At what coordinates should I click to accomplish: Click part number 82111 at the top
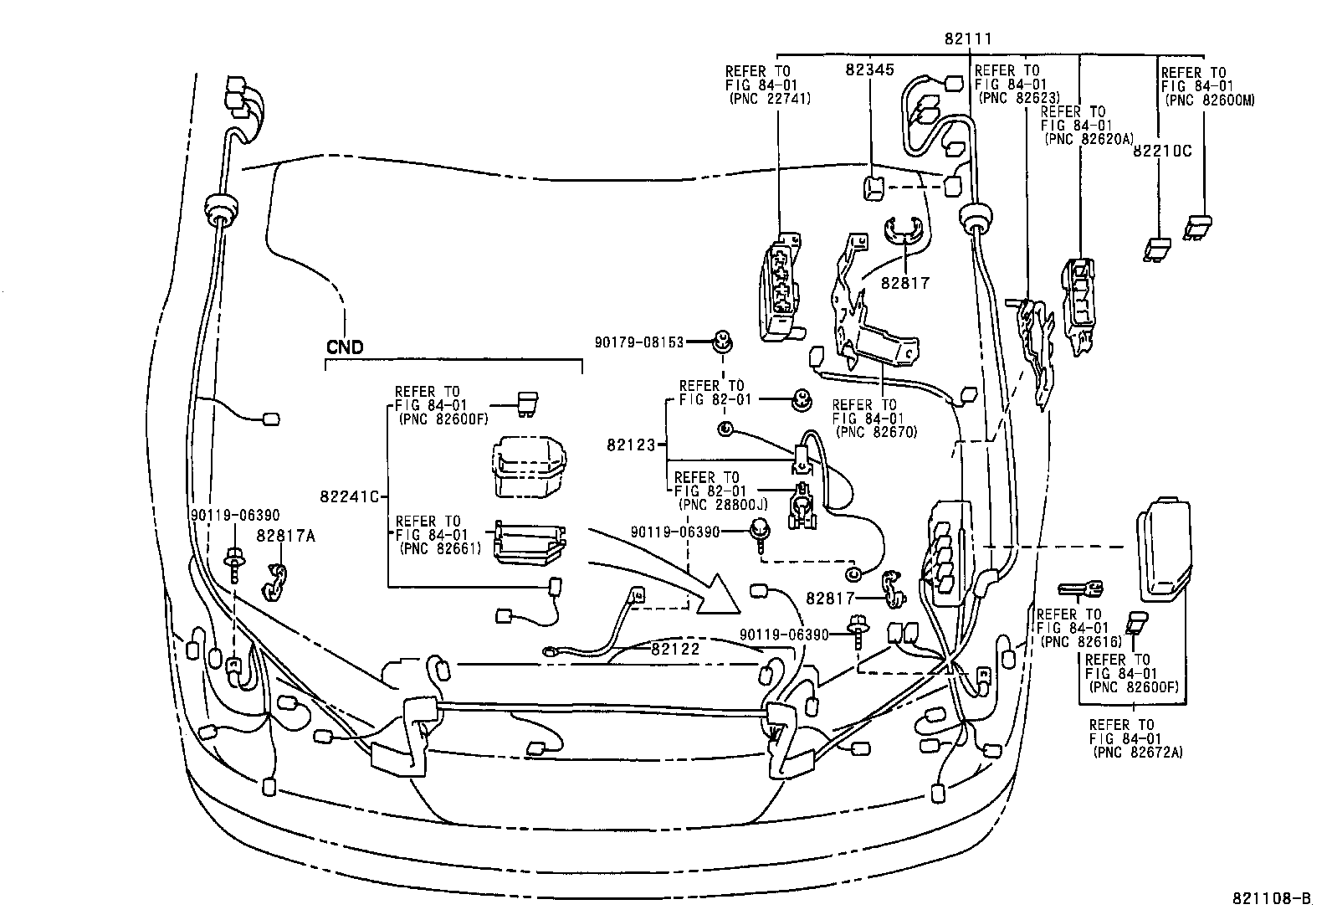[x=968, y=37]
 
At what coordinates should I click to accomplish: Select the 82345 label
[x=872, y=72]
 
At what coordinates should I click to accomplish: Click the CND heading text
[x=345, y=347]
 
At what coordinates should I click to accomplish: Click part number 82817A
[x=286, y=536]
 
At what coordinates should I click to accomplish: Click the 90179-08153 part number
[x=639, y=342]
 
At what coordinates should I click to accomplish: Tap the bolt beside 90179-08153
[x=722, y=341]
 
